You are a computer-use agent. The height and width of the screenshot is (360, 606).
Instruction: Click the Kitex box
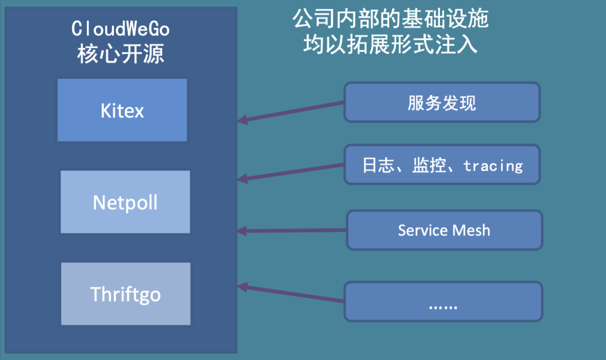tap(122, 110)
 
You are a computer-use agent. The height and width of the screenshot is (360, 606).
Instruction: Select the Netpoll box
tap(125, 202)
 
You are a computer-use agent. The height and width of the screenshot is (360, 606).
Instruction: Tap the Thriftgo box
tap(125, 293)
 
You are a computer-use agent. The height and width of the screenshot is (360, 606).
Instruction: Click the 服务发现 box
tap(442, 102)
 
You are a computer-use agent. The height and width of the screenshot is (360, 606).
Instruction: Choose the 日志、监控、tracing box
tap(442, 165)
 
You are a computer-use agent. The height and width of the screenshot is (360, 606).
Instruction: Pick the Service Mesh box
tap(444, 230)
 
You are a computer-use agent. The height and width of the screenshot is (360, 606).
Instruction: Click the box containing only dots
tap(443, 301)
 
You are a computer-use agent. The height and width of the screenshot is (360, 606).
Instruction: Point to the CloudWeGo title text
tap(121, 29)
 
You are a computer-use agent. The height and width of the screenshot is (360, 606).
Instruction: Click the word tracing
tap(493, 165)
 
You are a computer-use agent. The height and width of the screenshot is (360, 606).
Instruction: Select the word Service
tap(422, 230)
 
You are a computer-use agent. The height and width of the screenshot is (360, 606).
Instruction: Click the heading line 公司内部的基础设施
tap(390, 19)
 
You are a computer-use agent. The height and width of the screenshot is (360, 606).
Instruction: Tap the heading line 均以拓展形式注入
tap(390, 45)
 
